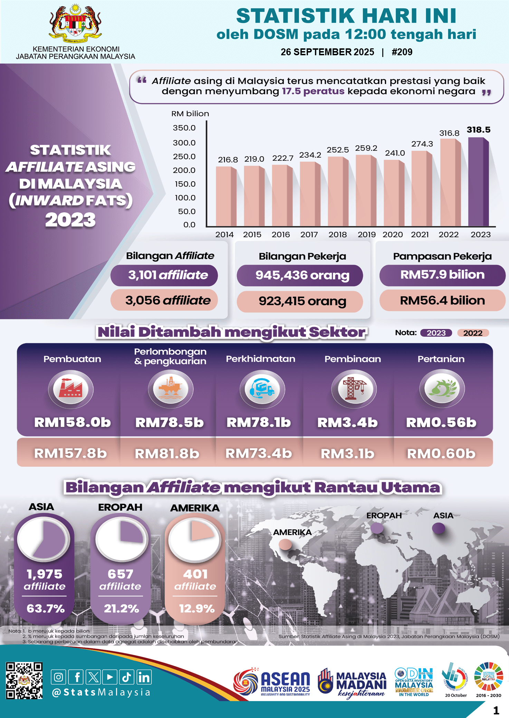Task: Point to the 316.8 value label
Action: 449,133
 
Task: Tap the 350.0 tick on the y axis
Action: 184,128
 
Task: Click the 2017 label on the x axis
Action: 309,234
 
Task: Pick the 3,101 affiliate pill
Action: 164,275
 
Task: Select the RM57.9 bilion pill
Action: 442,275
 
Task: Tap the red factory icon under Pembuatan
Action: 70,389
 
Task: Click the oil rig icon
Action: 170,389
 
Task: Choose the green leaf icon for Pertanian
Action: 442,389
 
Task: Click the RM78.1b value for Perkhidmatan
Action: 259,422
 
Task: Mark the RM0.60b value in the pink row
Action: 441,453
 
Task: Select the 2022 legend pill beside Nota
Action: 473,333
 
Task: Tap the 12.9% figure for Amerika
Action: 196,608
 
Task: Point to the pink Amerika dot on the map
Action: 285,544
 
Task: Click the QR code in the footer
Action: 24,680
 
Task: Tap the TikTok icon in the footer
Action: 126,677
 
